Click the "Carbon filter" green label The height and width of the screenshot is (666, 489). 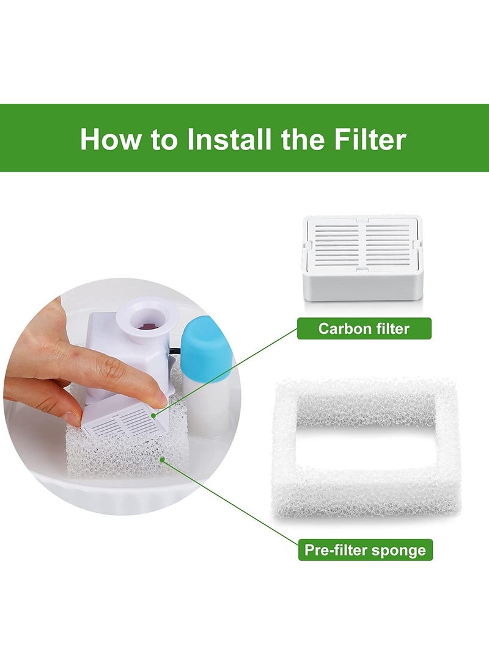pos(364,329)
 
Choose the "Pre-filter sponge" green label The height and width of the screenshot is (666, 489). pos(365,550)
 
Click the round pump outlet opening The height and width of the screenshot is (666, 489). pos(147,326)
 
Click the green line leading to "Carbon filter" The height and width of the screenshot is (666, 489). pos(226,372)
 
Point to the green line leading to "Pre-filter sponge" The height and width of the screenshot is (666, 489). pos(232,504)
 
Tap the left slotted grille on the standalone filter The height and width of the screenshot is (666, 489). pos(336,245)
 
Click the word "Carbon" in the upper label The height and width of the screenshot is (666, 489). pos(341,329)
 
